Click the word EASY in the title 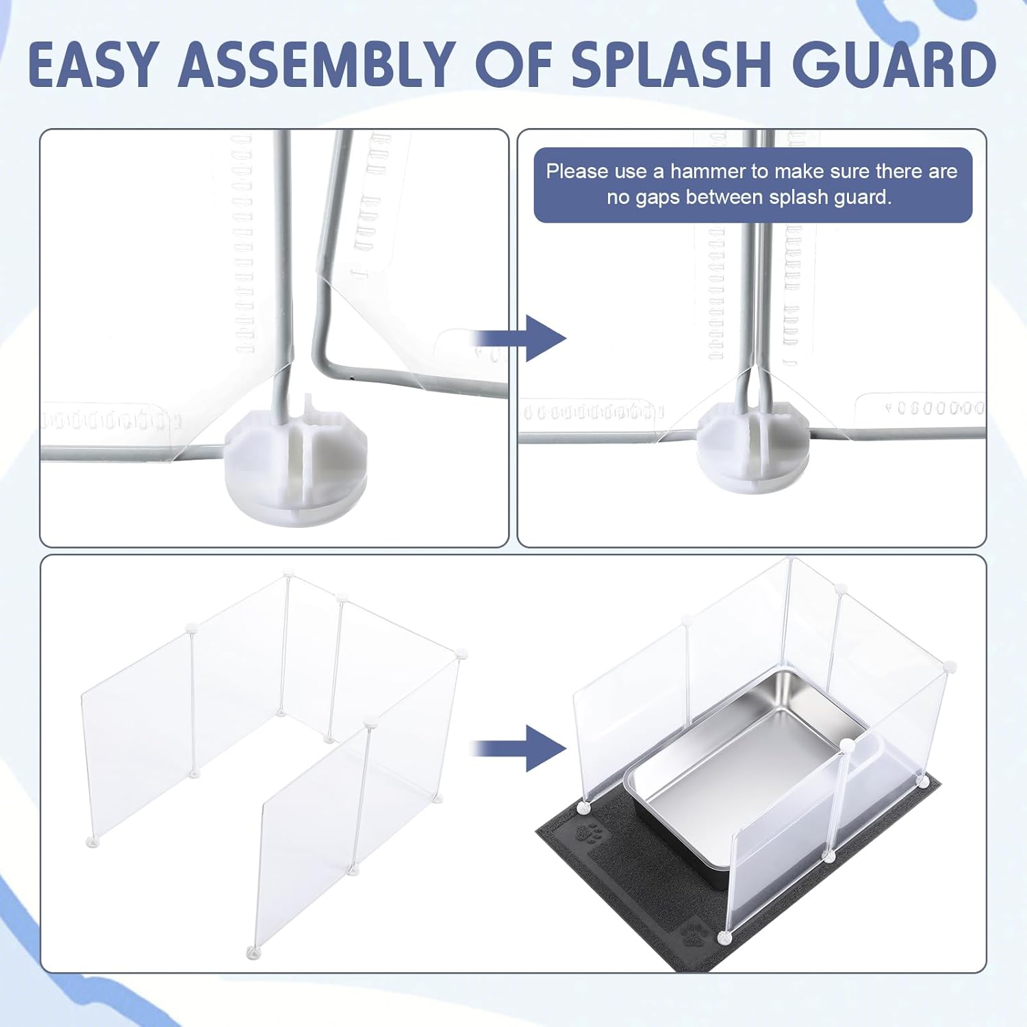(x=93, y=64)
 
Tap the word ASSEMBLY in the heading (x=318, y=64)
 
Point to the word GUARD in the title (x=894, y=64)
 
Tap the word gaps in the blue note (x=656, y=199)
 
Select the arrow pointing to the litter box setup (x=520, y=748)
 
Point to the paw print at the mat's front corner (x=694, y=933)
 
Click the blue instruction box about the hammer (x=753, y=185)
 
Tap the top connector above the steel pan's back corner (x=790, y=561)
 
